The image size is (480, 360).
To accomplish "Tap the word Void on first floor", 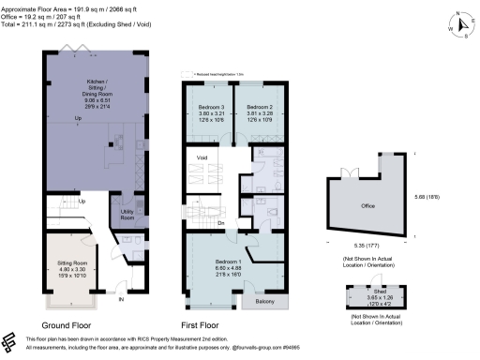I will [x=201, y=158].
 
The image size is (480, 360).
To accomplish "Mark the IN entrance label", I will [x=120, y=300].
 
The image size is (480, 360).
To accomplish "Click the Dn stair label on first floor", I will [x=220, y=223].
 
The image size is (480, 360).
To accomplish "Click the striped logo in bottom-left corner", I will [x=10, y=341].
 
